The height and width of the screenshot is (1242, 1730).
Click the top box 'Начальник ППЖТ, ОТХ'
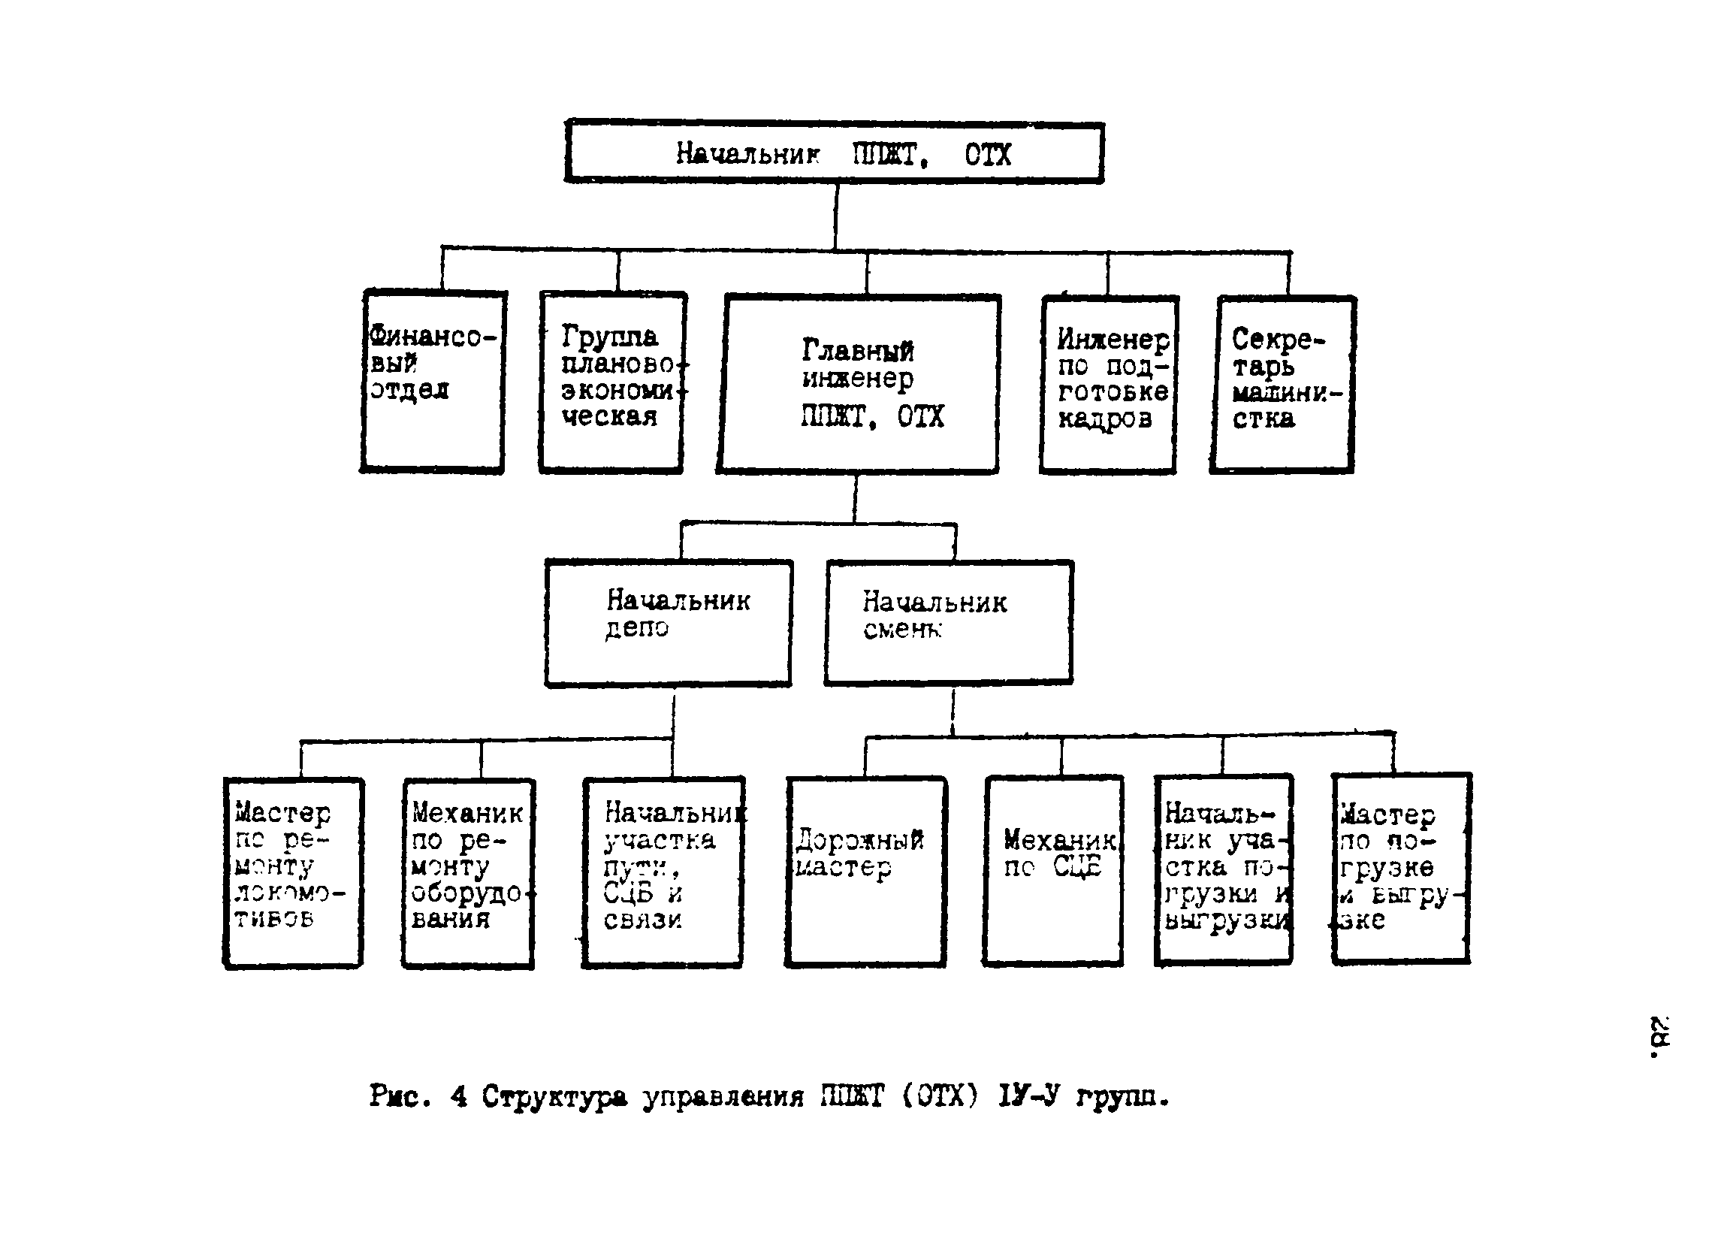(834, 152)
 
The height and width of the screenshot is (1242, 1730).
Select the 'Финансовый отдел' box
(433, 382)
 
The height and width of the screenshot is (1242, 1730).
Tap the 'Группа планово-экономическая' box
(611, 382)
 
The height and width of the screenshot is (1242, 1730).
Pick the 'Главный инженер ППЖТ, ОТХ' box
(858, 384)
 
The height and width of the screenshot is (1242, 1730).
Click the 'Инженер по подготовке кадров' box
(1108, 384)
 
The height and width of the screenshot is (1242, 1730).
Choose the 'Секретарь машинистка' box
(1282, 384)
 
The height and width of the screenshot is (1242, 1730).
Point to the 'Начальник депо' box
(669, 623)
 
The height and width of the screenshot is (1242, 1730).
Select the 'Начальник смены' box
(948, 623)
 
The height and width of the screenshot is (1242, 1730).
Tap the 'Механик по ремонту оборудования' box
(468, 874)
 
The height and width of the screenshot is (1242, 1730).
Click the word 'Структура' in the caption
(554, 1097)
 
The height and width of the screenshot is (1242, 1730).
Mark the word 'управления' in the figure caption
(723, 1097)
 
